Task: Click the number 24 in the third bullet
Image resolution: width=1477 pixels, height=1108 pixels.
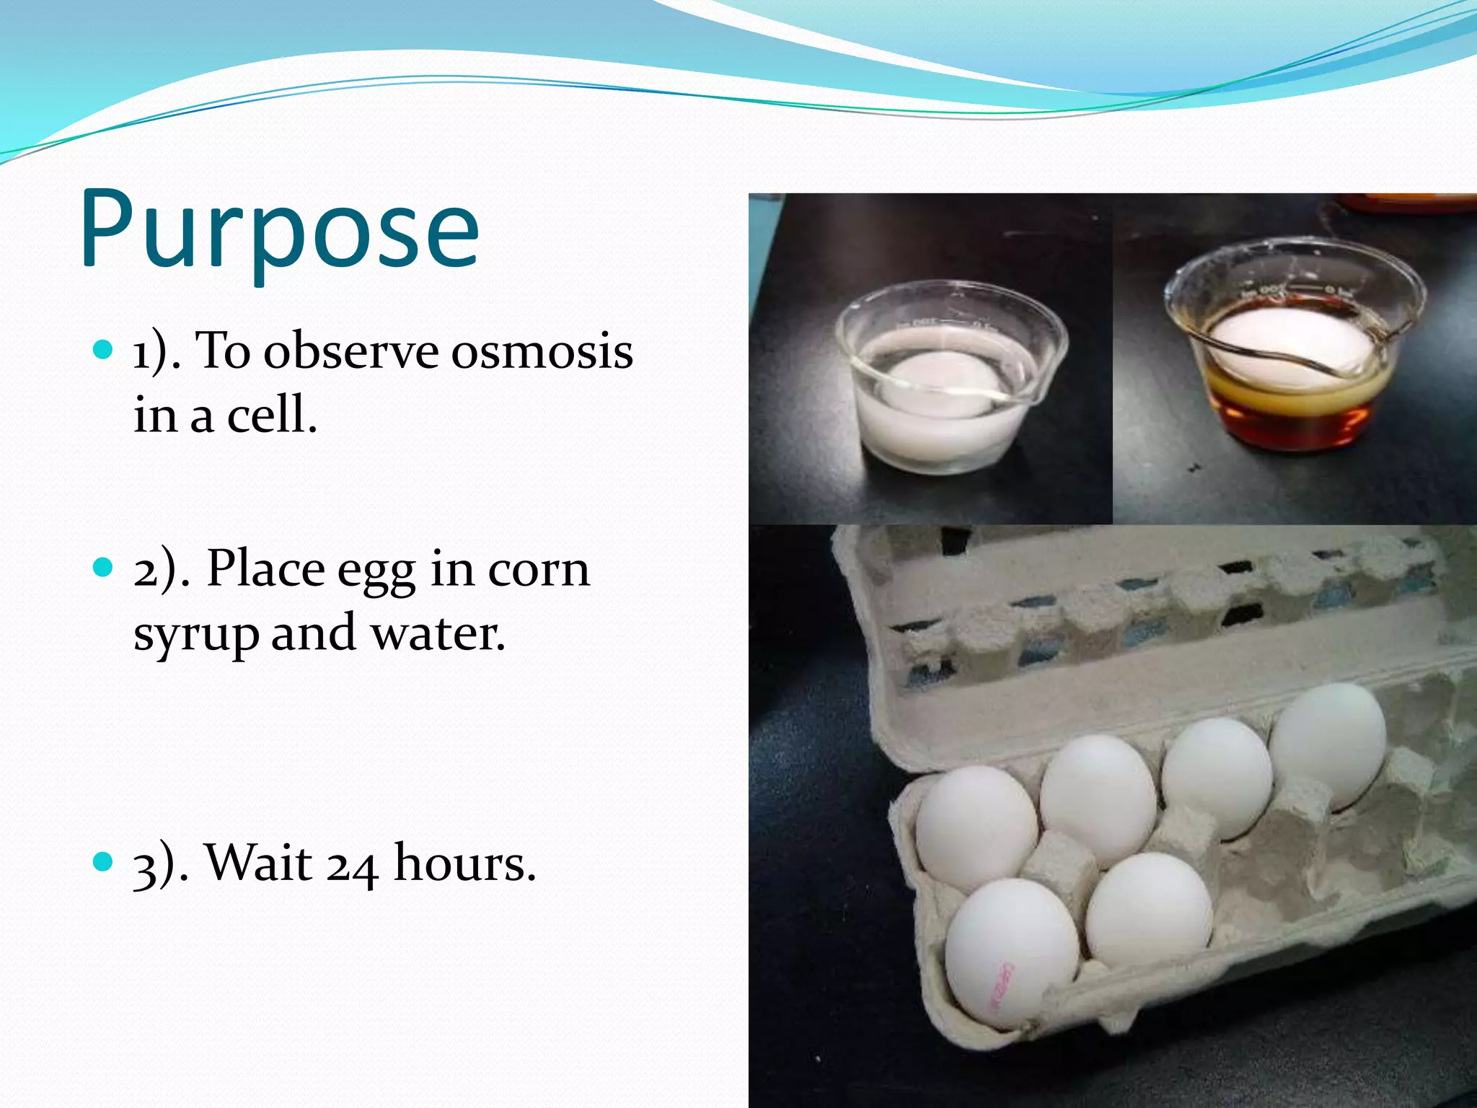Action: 352,864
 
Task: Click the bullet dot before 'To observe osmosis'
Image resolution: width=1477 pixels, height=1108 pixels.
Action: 104,351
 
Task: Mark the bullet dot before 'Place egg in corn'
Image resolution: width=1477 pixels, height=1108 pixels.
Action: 104,568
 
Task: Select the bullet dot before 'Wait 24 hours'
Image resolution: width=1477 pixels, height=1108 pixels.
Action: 104,861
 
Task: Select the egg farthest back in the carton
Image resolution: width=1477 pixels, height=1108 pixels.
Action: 1328,743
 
